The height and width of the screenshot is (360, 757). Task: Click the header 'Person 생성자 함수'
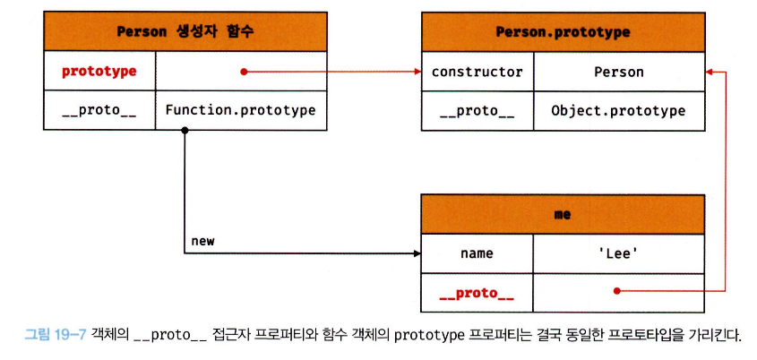185,31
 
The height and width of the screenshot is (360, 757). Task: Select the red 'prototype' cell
99,71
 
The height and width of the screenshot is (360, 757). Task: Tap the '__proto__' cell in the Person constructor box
99,110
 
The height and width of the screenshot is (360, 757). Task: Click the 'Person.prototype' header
563,31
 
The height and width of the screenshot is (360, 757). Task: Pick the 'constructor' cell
477,72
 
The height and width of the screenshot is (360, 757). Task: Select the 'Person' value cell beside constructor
618,72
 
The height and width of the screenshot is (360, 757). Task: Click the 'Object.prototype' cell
618,111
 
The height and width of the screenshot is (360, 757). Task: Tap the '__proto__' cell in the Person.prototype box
477,111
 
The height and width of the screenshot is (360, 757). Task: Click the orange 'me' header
563,215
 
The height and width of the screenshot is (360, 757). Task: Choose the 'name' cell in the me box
477,253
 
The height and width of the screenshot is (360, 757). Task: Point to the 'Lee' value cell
618,253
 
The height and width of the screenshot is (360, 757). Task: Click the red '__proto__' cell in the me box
477,292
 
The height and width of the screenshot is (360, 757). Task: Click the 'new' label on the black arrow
202,242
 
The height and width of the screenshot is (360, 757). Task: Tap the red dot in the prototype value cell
242,71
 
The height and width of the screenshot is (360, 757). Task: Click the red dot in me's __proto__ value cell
616,291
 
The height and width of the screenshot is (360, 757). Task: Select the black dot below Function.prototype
185,131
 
